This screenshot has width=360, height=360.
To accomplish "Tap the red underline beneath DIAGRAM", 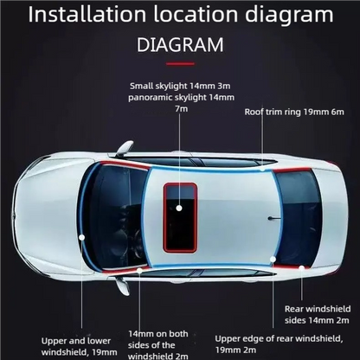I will (179, 63).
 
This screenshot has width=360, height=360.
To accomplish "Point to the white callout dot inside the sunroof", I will (178, 209).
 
